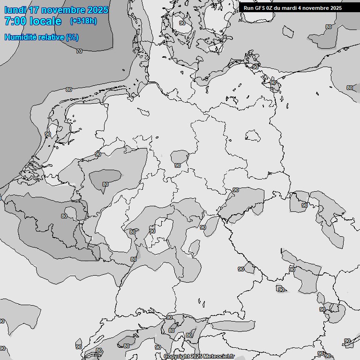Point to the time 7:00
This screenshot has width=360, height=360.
(15, 21)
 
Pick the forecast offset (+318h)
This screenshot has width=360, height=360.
(83, 21)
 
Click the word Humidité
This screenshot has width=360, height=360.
(19, 37)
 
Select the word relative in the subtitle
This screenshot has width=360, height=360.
(49, 37)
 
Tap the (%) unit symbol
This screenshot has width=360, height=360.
(72, 37)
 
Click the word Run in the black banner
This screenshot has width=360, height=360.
(248, 8)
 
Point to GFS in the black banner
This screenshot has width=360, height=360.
(260, 8)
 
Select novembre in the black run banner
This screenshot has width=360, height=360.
(315, 8)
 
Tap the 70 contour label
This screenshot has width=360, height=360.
(79, 51)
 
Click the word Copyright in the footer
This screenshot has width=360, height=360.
(177, 356)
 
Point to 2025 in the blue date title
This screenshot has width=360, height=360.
(97, 10)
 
